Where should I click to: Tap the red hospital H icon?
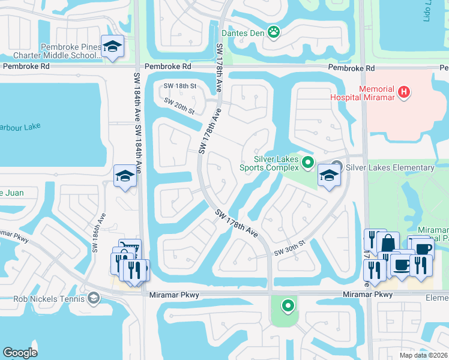405,92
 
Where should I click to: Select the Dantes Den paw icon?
274,31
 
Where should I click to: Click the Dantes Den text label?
243,33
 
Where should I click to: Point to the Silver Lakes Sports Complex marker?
308,161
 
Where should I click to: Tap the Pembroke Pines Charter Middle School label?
71,51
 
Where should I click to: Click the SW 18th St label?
180,86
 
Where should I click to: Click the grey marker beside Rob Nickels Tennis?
93,298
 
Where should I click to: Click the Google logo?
20,353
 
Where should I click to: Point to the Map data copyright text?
424,355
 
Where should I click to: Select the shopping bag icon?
388,242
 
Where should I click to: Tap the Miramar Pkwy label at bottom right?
367,295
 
